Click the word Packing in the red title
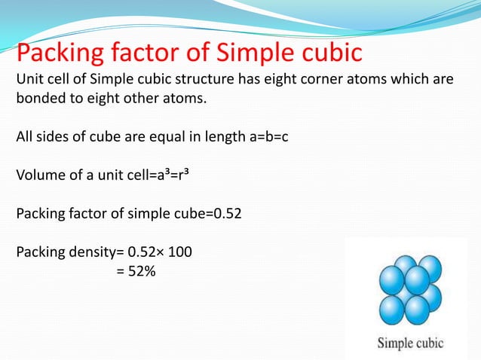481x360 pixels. pyautogui.click(x=65, y=53)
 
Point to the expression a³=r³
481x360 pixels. pyautogui.click(x=157, y=176)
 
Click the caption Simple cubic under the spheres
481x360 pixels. pyautogui.click(x=410, y=343)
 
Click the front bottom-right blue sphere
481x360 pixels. pyautogui.click(x=417, y=307)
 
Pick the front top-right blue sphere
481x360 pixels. pyautogui.click(x=417, y=281)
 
